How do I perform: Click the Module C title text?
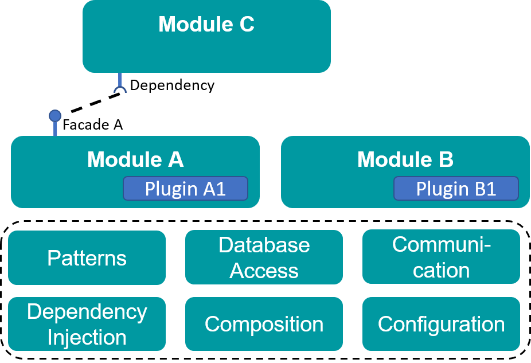[206, 24]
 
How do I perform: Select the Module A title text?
[135, 159]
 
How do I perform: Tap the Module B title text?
[405, 159]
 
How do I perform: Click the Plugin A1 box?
[185, 188]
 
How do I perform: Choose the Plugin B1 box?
[456, 188]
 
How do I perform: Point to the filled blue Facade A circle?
[55, 116]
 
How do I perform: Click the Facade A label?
[92, 124]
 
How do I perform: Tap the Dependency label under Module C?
[172, 85]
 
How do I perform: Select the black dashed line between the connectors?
[96, 102]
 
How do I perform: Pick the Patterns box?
[87, 257]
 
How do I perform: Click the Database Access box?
[264, 257]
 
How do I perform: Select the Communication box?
[441, 257]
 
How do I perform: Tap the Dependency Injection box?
[87, 324]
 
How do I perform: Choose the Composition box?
[264, 324]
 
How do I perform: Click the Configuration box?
[441, 324]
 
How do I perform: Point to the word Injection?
[87, 338]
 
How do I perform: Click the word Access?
[264, 271]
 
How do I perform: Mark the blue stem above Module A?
[55, 129]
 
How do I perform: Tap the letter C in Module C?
[247, 24]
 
